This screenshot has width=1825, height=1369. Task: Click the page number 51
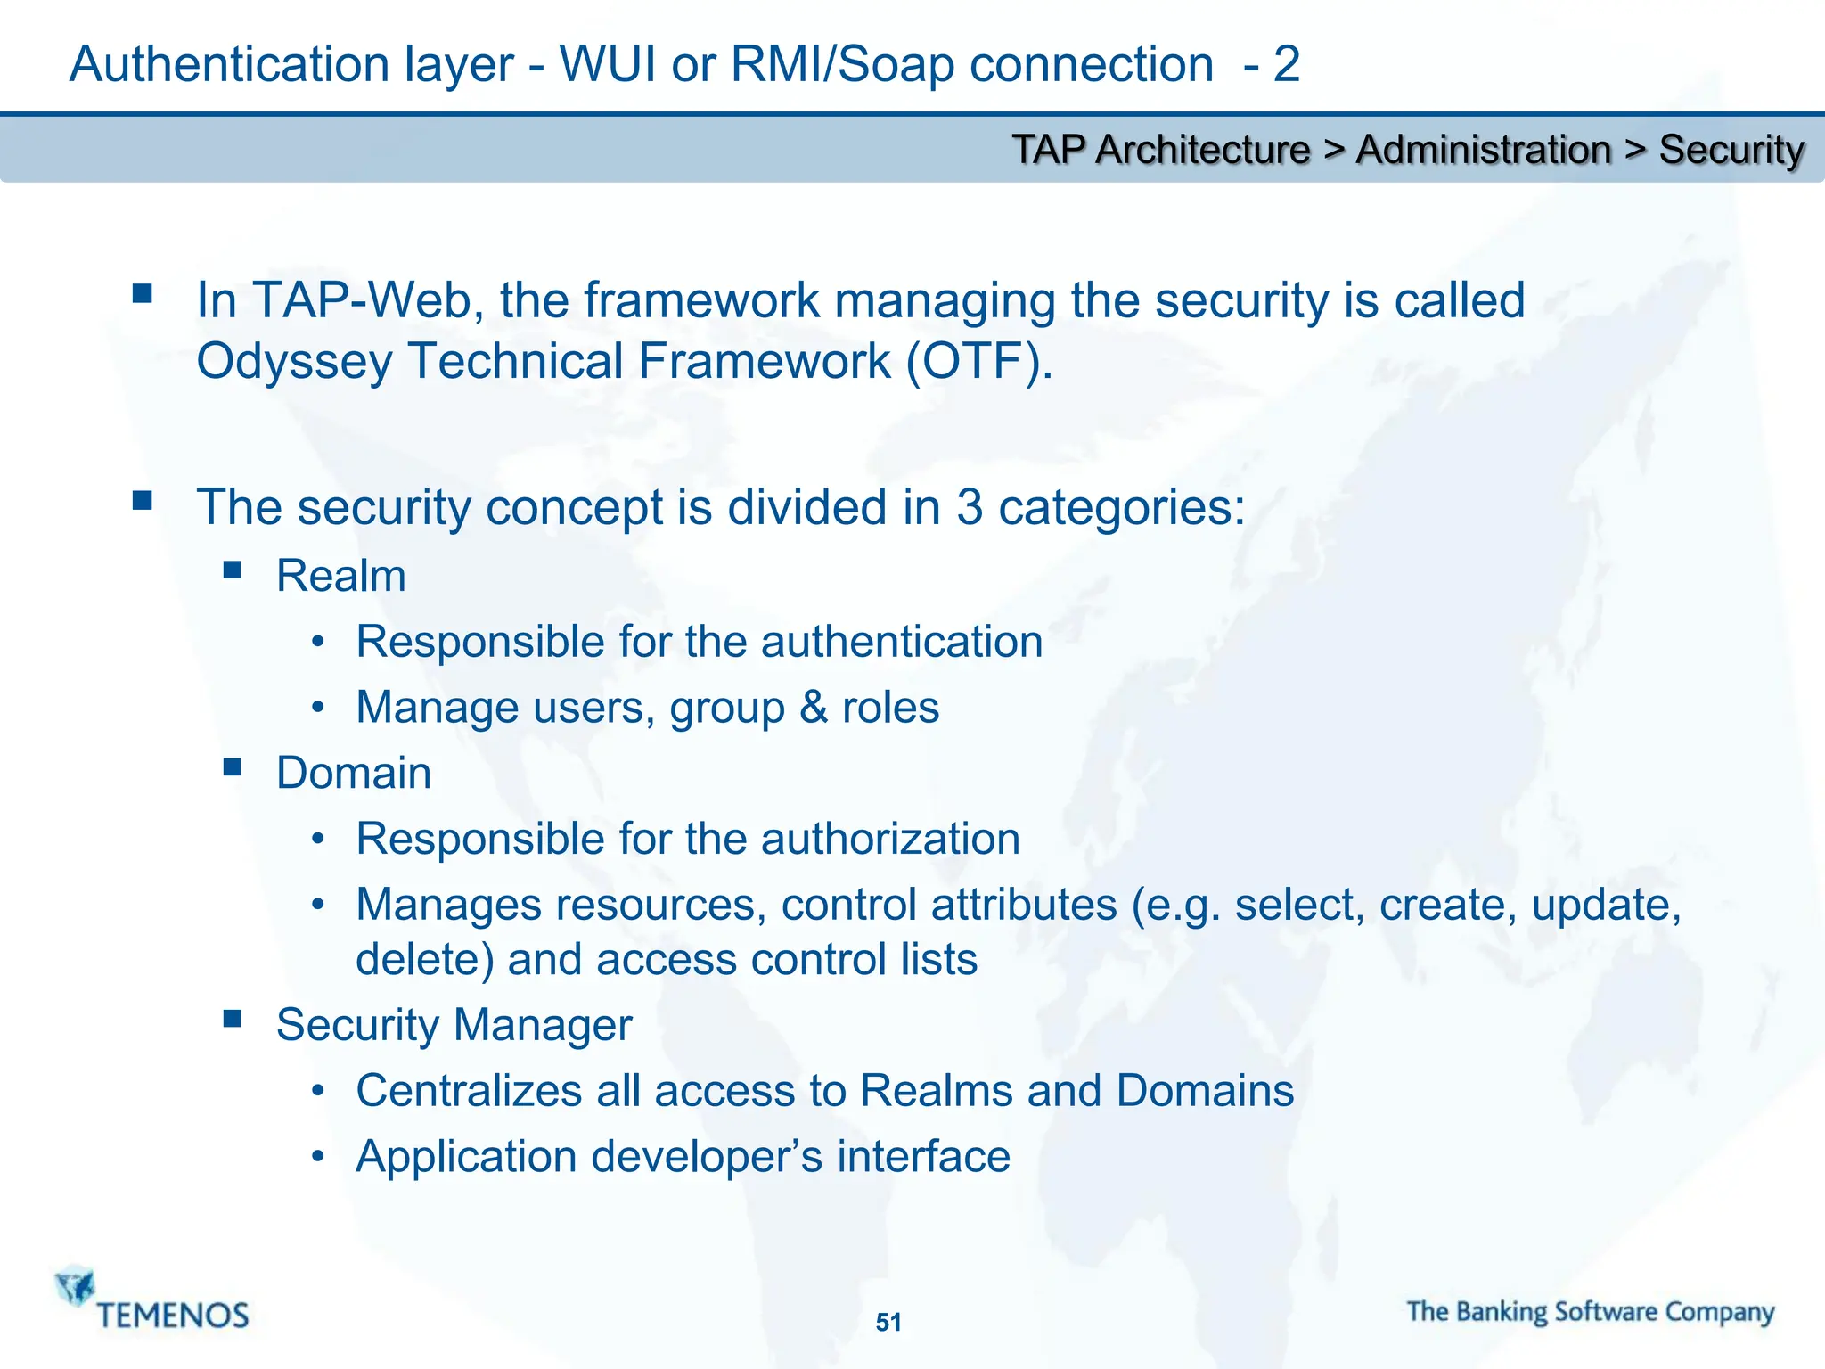[x=888, y=1322]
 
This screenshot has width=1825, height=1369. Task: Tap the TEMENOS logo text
[x=173, y=1316]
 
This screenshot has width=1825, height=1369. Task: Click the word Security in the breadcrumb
[x=1731, y=150]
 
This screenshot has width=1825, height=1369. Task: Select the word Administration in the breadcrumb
[x=1483, y=150]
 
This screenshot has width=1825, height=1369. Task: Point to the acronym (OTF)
[x=979, y=362]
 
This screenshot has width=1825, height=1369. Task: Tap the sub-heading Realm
[x=341, y=576]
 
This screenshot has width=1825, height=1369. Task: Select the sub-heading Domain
[x=354, y=773]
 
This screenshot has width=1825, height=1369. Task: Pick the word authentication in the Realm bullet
[x=901, y=642]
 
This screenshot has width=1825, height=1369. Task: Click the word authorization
[x=889, y=839]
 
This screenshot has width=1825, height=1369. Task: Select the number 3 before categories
[x=969, y=507]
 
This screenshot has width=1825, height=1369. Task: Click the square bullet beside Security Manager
[x=233, y=1018]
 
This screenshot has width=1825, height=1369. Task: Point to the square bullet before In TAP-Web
[x=142, y=293]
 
